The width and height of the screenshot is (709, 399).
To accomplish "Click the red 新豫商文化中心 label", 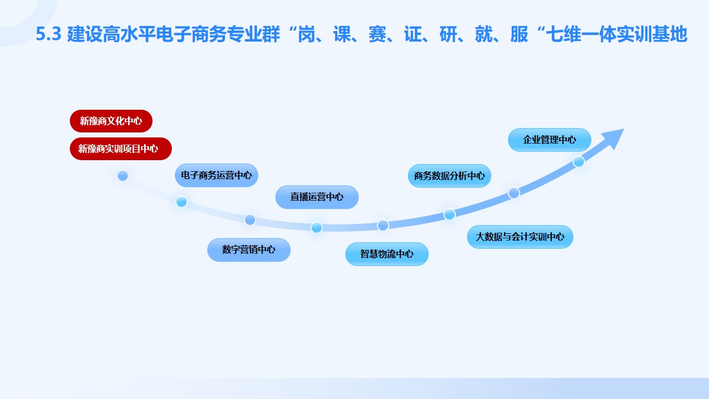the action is [x=111, y=121].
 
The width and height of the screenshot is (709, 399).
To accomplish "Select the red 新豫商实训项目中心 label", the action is [x=121, y=149].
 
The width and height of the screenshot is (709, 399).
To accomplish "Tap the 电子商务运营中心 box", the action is [x=217, y=175].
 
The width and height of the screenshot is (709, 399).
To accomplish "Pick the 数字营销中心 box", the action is [x=249, y=249].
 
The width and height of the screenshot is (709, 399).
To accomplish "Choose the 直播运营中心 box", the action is [x=317, y=197].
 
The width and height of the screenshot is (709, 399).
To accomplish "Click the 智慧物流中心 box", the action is [x=387, y=254].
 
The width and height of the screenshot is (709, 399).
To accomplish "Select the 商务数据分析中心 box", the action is [x=449, y=176].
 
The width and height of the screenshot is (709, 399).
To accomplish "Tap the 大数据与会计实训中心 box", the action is [x=520, y=237].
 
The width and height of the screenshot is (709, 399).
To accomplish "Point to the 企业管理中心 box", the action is [x=549, y=140].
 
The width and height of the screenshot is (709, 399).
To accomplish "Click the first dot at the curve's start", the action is [x=123, y=176].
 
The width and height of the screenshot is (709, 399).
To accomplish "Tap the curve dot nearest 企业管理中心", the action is [x=579, y=161].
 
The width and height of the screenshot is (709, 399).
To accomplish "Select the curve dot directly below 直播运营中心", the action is [x=316, y=227].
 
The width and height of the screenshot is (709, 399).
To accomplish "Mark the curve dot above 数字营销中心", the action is [x=250, y=219].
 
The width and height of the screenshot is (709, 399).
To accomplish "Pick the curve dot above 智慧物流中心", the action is [x=383, y=226].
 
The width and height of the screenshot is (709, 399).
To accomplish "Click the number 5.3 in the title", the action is [x=48, y=34].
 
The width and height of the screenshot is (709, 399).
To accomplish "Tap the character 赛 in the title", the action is [x=378, y=34].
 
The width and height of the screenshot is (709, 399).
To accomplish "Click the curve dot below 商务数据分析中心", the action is [x=449, y=214].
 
